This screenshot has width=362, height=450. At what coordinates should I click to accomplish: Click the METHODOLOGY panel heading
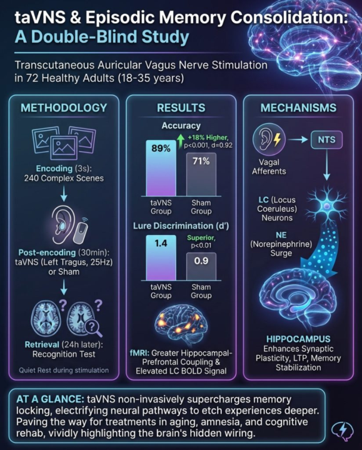(x=64, y=108)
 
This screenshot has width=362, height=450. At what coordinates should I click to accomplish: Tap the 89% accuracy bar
(x=161, y=168)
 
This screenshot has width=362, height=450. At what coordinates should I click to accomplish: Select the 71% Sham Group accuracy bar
(x=201, y=174)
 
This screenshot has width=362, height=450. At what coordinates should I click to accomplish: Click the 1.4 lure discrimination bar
(x=161, y=257)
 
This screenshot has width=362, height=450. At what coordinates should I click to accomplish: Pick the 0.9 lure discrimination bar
(x=201, y=266)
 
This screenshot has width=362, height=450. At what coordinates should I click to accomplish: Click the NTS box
(x=326, y=140)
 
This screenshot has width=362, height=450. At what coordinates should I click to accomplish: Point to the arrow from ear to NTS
(x=298, y=140)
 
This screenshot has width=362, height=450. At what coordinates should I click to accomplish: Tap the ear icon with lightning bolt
(x=269, y=140)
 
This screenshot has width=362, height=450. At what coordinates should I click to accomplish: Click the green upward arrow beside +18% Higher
(x=181, y=141)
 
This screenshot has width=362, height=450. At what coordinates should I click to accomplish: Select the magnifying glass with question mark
(x=93, y=327)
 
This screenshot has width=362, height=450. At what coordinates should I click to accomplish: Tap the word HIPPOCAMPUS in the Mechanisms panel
(x=298, y=339)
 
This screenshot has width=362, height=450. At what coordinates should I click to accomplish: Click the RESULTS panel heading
(x=181, y=108)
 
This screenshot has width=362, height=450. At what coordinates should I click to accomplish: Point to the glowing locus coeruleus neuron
(x=326, y=205)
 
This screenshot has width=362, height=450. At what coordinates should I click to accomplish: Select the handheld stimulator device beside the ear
(x=81, y=231)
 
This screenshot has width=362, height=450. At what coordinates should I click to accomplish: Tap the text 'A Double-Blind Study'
(x=102, y=37)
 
